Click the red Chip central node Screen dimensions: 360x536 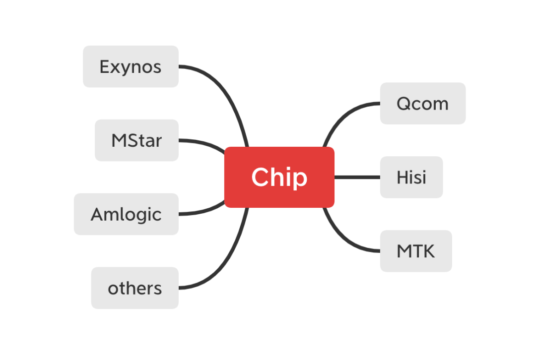coord(279,177)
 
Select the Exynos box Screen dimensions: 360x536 coord(131,66)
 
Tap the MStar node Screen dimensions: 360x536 coord(136,140)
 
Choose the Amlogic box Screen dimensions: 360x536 coord(126,214)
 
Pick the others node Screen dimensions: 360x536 coord(134,288)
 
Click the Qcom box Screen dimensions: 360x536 coord(422,103)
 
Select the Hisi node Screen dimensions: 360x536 coord(411,177)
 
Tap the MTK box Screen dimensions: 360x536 coord(416,251)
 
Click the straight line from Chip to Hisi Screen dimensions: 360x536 coord(357,177)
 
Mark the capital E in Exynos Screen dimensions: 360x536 coord(104,66)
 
